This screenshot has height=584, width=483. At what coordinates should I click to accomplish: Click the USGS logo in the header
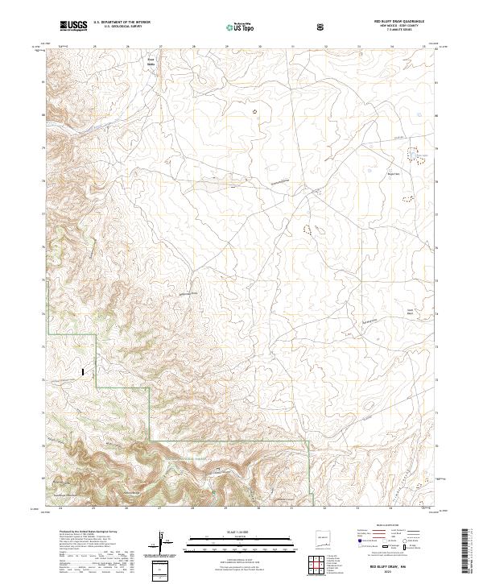[72, 27]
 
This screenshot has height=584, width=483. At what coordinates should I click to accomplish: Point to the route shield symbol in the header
[321, 27]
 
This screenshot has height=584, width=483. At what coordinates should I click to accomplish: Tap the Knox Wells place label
[150, 61]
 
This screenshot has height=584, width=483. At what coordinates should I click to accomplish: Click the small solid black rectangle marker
[82, 371]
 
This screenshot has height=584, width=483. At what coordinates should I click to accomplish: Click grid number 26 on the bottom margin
[126, 509]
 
